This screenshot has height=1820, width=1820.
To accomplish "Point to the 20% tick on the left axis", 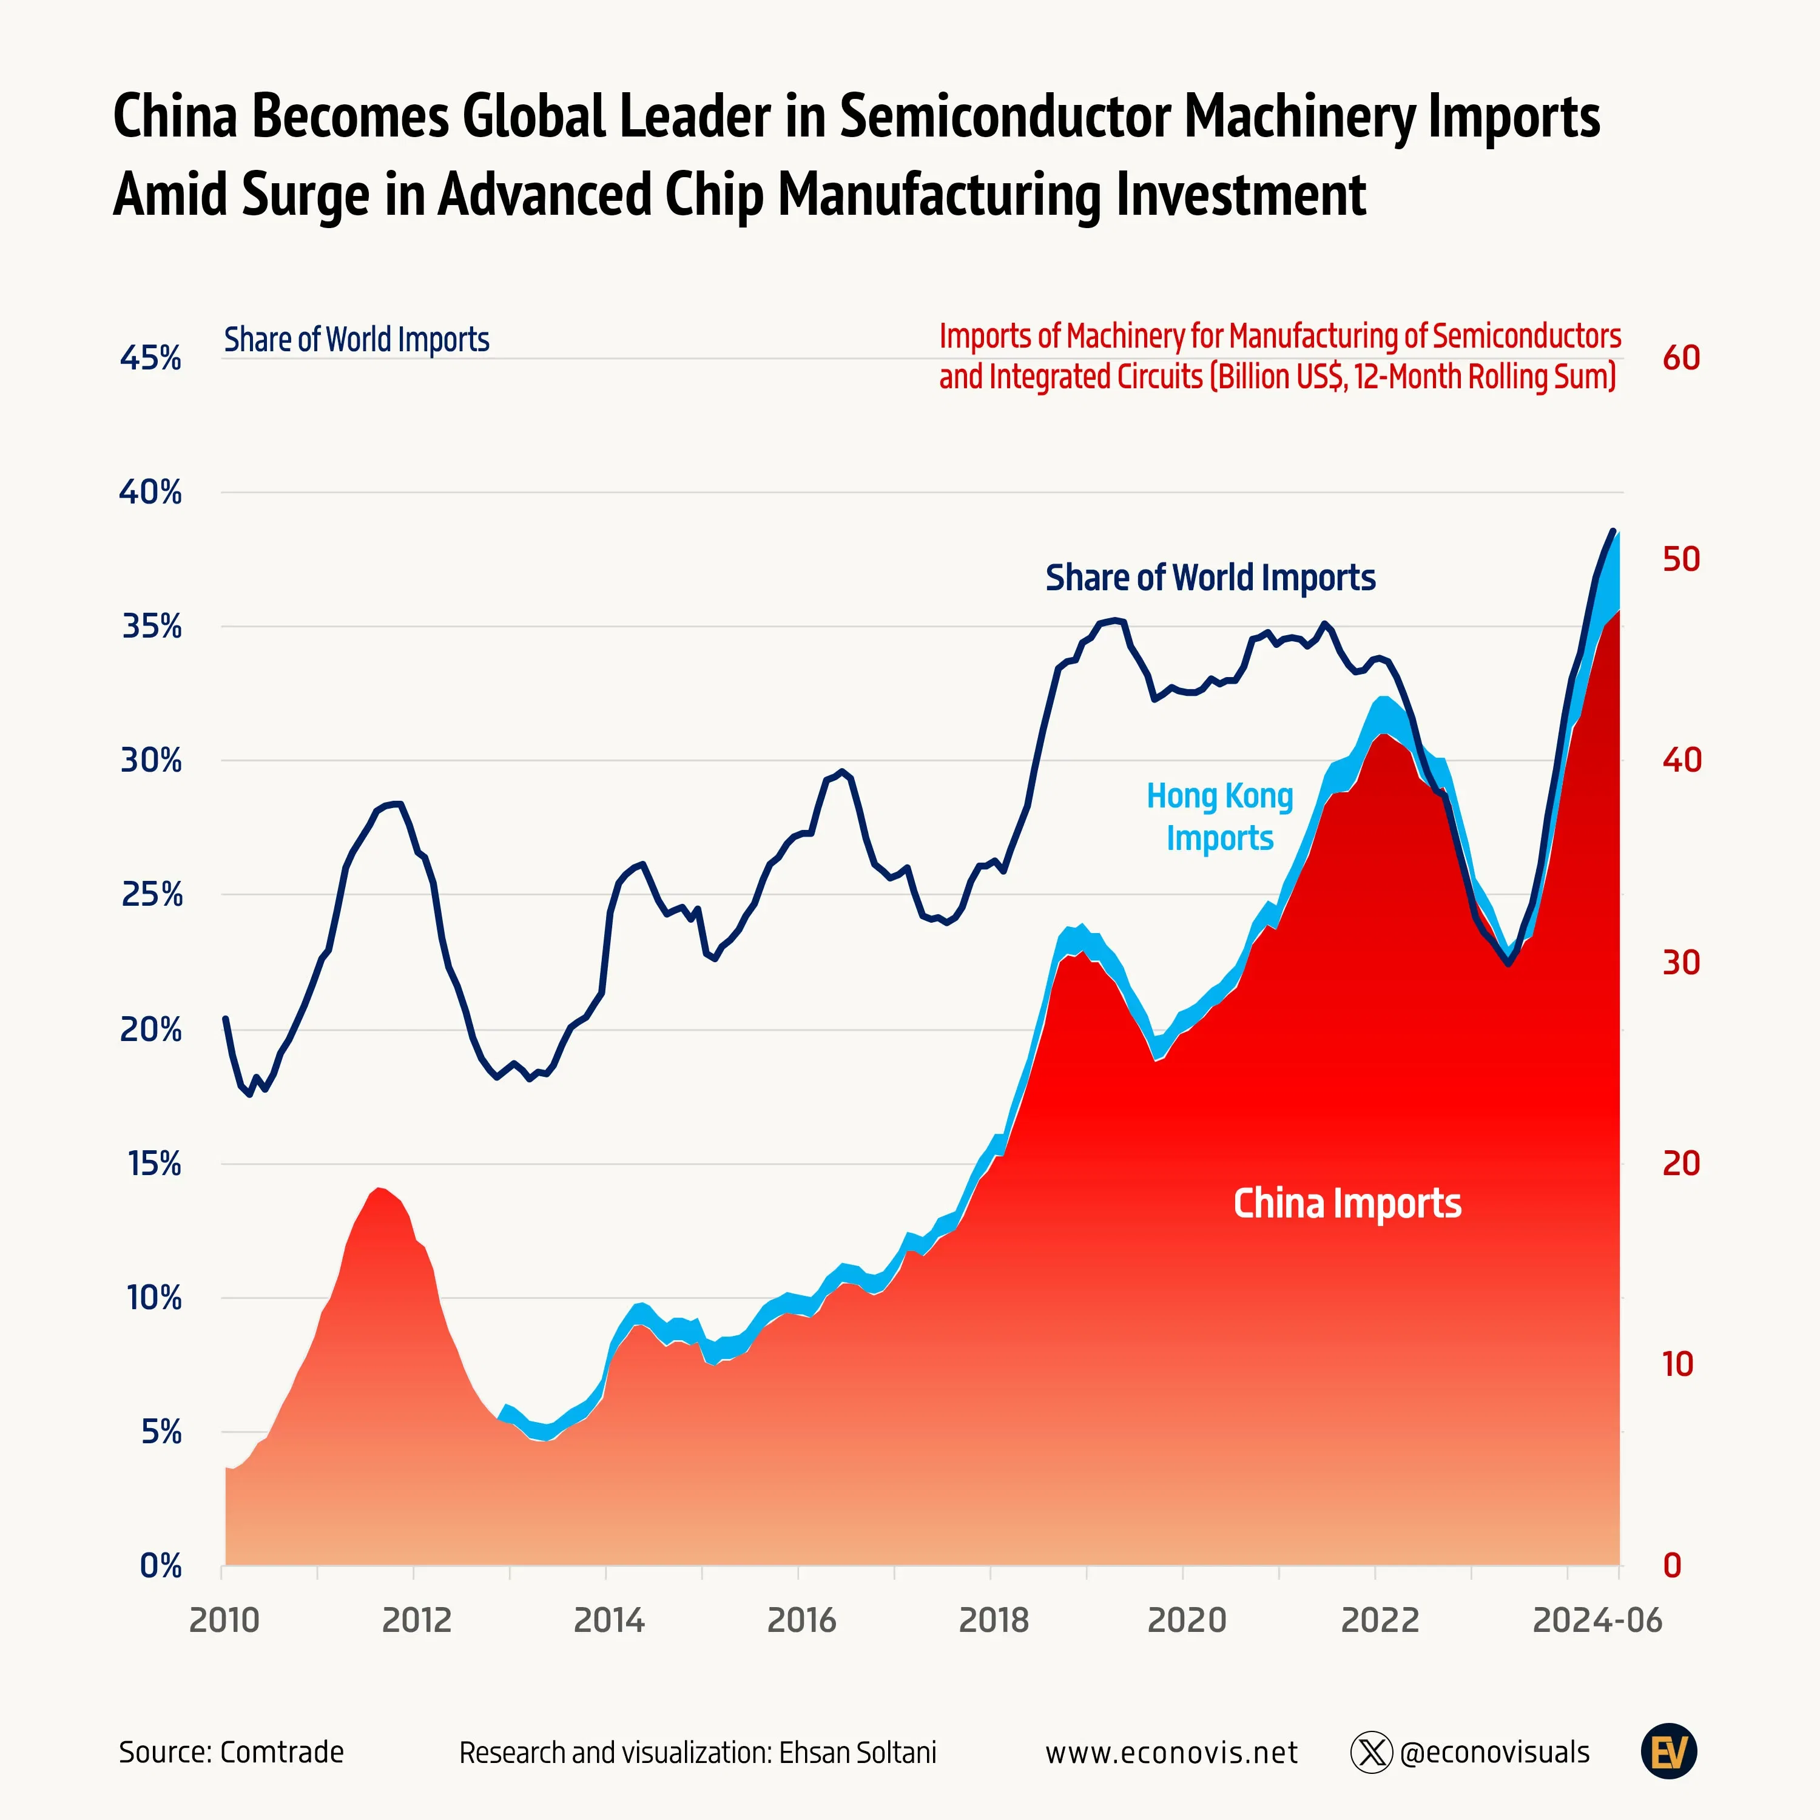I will [x=150, y=1030].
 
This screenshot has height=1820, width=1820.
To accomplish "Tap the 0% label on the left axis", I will [x=160, y=1566].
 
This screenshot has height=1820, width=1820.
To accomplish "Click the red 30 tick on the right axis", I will [x=1680, y=962].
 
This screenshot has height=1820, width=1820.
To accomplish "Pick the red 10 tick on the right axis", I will [x=1677, y=1364].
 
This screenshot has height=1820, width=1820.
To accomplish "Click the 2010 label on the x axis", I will [x=224, y=1620].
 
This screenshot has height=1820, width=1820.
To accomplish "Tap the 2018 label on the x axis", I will [x=994, y=1620].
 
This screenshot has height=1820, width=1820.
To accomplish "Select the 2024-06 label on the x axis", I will [x=1597, y=1620].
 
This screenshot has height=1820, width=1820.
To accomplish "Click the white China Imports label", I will [x=1347, y=1204].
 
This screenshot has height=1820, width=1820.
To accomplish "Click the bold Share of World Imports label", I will [x=1210, y=578].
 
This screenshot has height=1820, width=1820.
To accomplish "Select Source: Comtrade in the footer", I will [x=231, y=1752].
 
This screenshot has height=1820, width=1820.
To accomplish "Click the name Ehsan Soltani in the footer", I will [x=857, y=1752].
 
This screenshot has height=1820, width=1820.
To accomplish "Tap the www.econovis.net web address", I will [x=1171, y=1752].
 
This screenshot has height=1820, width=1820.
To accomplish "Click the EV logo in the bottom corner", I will [x=1668, y=1752].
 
